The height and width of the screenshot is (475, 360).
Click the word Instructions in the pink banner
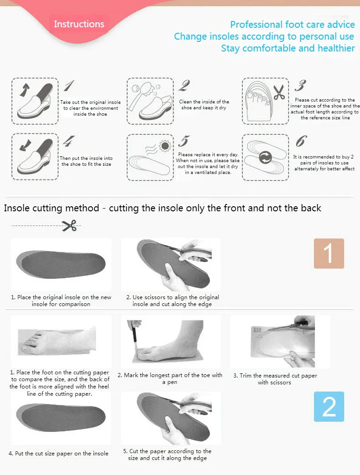79,24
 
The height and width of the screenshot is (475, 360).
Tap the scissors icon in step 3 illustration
278,92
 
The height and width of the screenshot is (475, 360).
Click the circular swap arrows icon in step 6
265,158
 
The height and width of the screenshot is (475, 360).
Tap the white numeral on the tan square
329,253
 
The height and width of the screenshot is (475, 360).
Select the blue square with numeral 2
329,406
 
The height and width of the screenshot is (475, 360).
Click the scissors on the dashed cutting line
69,225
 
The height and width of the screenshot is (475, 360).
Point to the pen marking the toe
134,337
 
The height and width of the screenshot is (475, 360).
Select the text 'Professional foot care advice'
292,25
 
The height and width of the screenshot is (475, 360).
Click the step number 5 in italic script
184,141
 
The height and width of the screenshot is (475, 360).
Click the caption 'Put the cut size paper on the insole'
58,453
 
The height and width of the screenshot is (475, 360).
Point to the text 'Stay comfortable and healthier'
288,48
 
